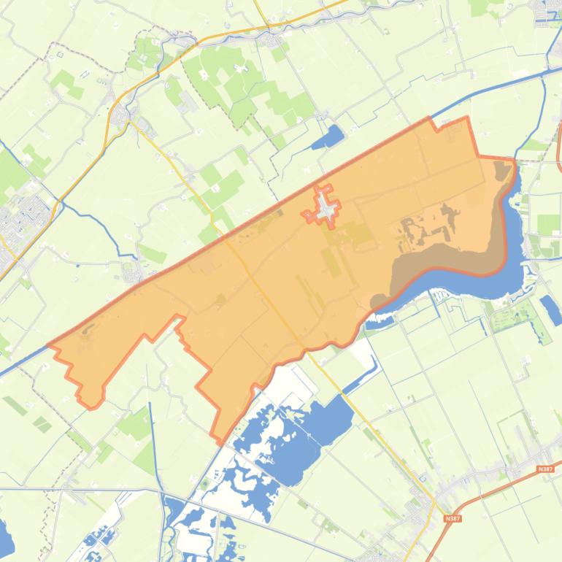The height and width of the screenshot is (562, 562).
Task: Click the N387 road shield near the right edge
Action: (x=544, y=469)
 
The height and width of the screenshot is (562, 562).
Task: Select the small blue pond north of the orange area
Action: (x=330, y=136)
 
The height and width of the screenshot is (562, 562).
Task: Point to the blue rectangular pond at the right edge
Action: (x=550, y=309)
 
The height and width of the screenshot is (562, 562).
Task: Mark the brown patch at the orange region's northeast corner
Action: (x=503, y=172)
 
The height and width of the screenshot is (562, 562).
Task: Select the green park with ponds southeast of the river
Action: (x=520, y=318)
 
